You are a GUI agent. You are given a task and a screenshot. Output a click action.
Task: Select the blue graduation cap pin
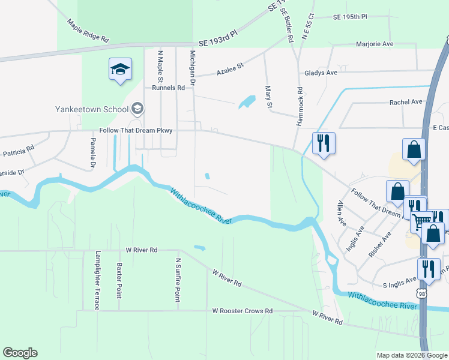click(x=120, y=70)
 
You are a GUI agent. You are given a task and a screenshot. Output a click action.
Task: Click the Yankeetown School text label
click(x=92, y=109)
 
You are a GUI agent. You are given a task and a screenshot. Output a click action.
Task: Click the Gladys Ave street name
click(x=321, y=73)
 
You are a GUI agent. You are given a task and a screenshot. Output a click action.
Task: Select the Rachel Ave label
click(x=406, y=102)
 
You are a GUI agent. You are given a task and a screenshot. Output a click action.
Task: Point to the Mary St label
click(x=269, y=97)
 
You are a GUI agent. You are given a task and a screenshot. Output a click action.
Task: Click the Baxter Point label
click(x=119, y=280)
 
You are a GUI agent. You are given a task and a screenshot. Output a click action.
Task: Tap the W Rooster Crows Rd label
click(x=243, y=311)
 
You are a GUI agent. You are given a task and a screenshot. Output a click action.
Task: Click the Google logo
click(x=20, y=353)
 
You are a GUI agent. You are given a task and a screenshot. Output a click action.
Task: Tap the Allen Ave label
click(x=342, y=213)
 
